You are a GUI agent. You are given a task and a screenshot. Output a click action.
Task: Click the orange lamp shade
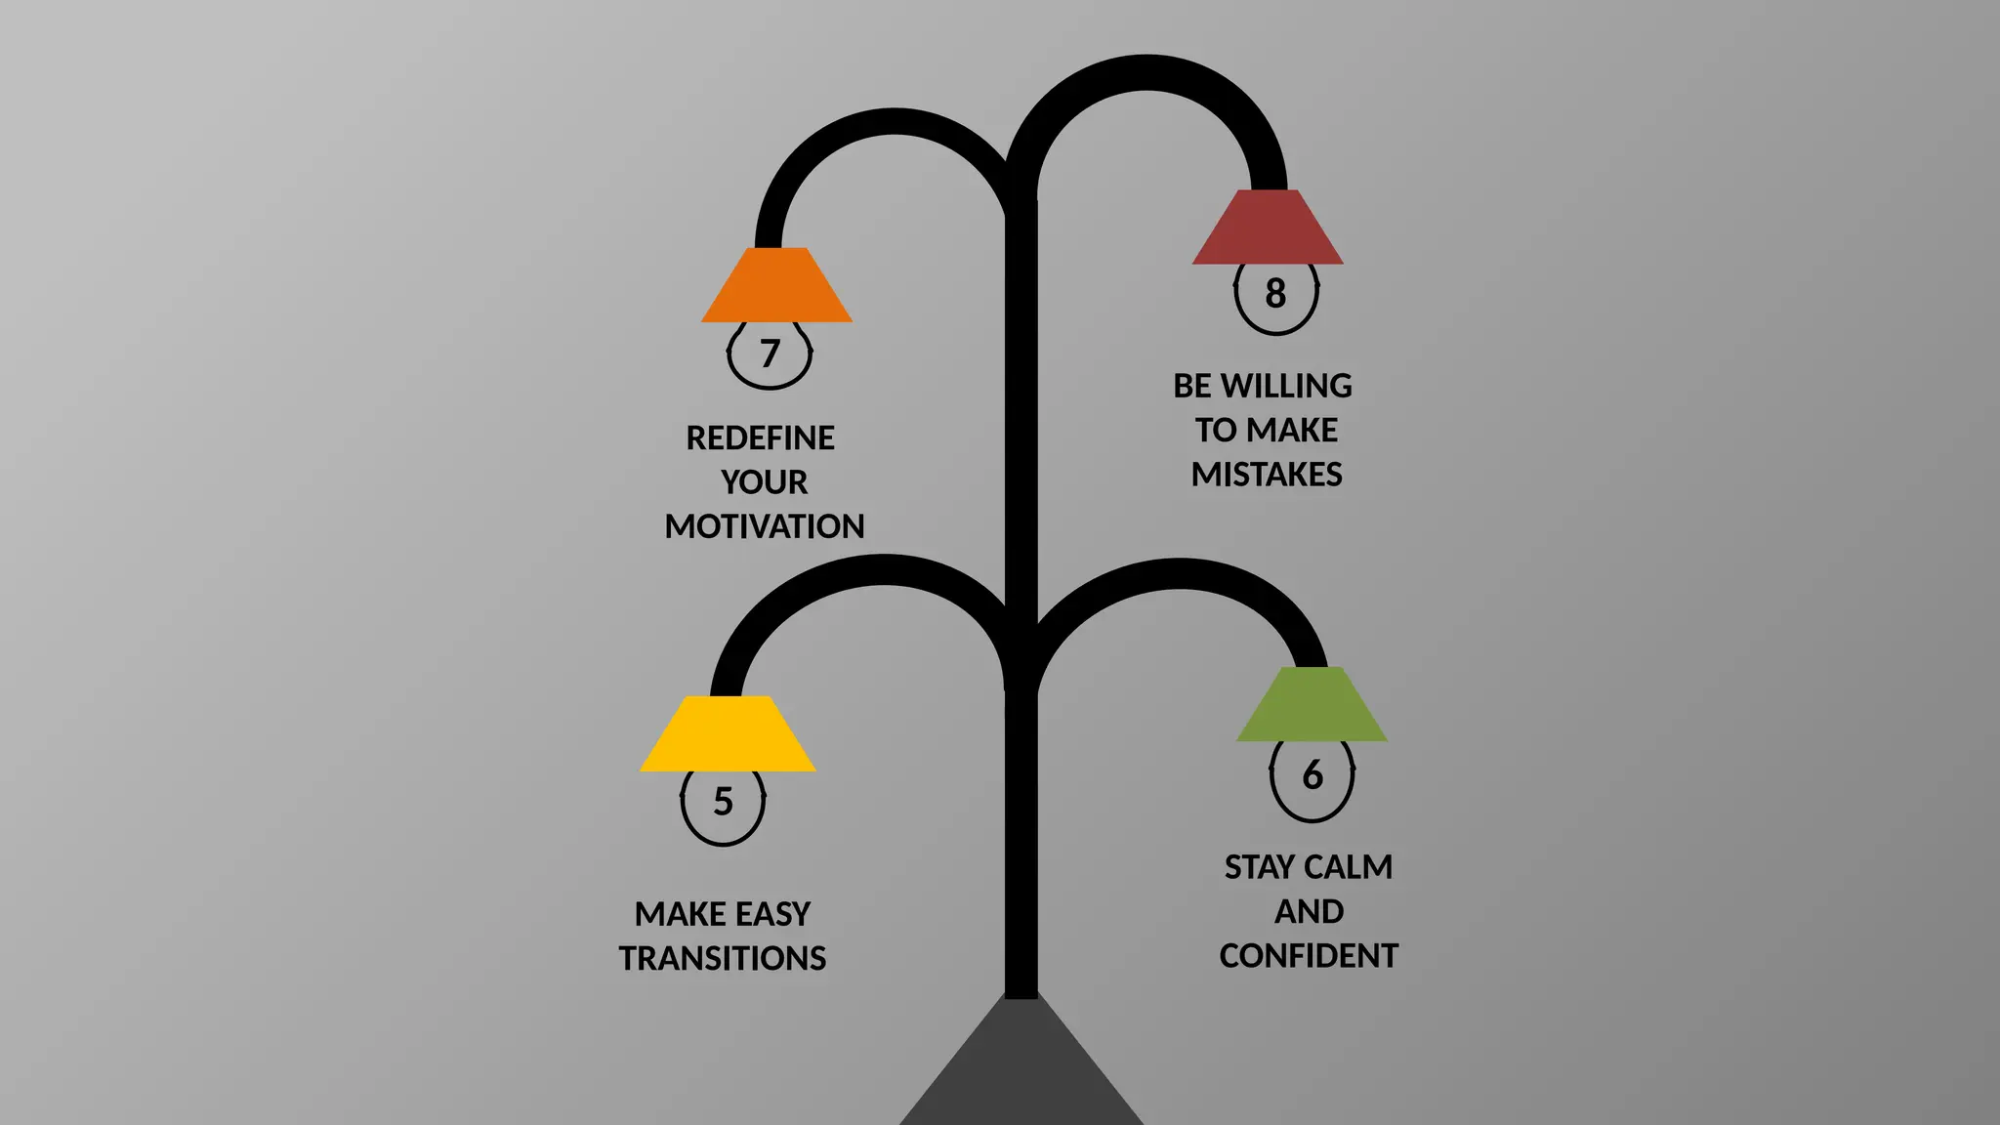(776, 286)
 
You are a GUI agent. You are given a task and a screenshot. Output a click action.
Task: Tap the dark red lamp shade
(1268, 229)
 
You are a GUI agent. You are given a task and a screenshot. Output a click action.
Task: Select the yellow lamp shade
(728, 734)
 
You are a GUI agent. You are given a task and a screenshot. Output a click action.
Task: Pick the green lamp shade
(1312, 705)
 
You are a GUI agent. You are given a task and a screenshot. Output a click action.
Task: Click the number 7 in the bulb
(770, 354)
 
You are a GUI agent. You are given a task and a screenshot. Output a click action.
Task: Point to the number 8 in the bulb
(1275, 293)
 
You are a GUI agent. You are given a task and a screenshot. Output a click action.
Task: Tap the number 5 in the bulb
(723, 802)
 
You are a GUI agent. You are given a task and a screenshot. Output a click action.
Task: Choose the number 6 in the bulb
(1312, 775)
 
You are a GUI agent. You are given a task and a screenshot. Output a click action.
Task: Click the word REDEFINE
(760, 438)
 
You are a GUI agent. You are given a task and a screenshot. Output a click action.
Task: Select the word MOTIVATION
(765, 527)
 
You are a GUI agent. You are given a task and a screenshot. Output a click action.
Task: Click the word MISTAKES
(1267, 475)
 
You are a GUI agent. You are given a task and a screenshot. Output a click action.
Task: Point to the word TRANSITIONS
(723, 959)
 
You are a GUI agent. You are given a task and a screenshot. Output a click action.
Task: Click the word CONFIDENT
(1309, 956)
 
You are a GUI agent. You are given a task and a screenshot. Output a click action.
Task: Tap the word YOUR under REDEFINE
(765, 482)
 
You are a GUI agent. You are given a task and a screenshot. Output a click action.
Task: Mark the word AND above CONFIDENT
(1309, 912)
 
